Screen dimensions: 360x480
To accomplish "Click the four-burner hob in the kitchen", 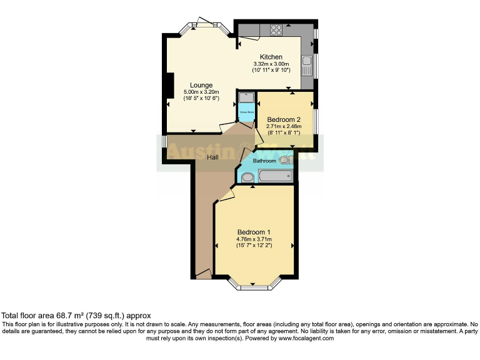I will click(x=275, y=28).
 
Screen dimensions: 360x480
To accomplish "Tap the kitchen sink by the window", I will click(x=307, y=61).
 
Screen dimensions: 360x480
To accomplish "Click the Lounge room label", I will click(x=201, y=85).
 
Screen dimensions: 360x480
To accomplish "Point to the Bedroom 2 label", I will click(x=284, y=119).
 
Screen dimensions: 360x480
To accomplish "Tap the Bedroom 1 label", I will click(x=254, y=232).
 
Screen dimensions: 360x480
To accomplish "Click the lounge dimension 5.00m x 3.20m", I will click(x=201, y=92).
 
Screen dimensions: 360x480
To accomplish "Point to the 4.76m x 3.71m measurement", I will click(x=254, y=239).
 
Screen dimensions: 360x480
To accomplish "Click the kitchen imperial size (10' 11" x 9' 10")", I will click(x=271, y=70).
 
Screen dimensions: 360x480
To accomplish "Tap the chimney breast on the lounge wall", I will click(x=169, y=86).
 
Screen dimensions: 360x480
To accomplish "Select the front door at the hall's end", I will click(x=203, y=274).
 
